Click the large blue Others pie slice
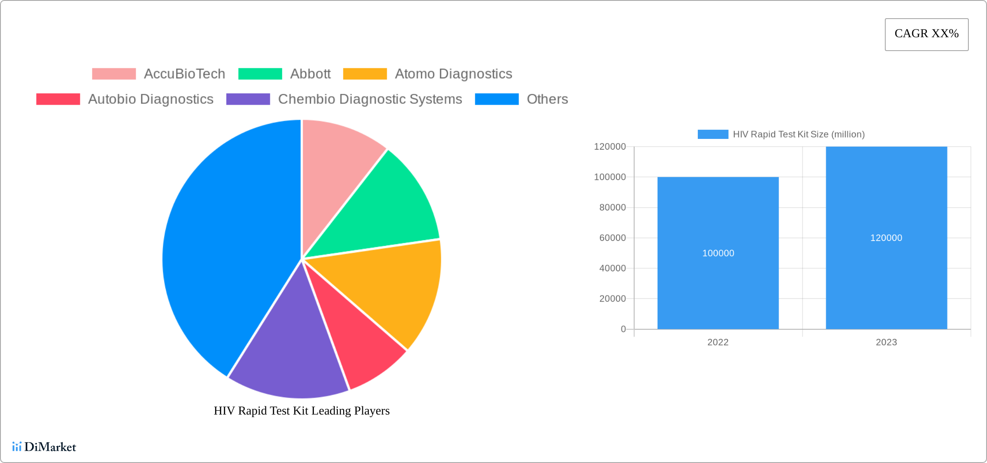[225, 251]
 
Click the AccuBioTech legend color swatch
[114, 74]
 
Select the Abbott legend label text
[310, 74]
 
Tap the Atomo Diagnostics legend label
[453, 74]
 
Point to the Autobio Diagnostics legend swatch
[58, 99]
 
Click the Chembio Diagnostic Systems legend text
[370, 99]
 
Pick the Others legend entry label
[547, 99]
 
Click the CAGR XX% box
[926, 34]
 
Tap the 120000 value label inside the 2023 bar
[886, 238]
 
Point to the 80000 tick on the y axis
[612, 208]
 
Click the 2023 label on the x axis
[886, 342]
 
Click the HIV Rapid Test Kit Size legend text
[798, 135]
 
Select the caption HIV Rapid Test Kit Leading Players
[302, 411]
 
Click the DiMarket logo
[44, 447]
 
